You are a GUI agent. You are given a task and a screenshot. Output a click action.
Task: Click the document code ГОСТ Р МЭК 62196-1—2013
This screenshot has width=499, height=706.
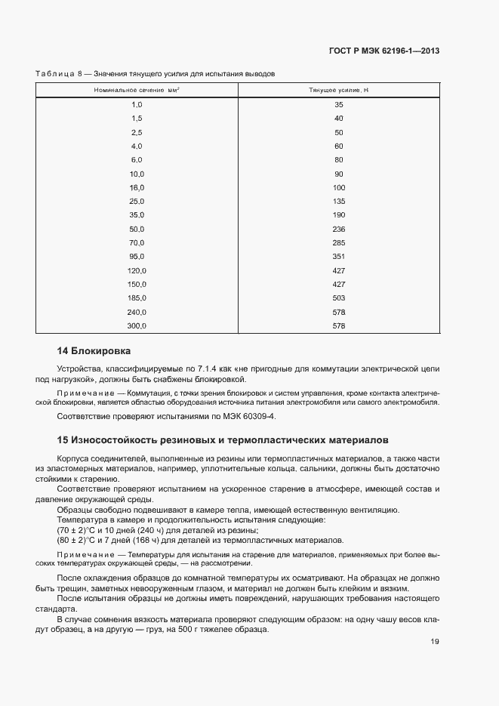pyautogui.click(x=384, y=51)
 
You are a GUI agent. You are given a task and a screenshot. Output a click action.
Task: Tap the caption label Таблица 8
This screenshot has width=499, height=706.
pyautogui.click(x=60, y=74)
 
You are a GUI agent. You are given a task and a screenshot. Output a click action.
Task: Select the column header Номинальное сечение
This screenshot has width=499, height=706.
pyautogui.click(x=137, y=91)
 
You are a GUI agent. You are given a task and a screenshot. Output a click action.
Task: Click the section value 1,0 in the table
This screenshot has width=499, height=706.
pyautogui.click(x=137, y=105)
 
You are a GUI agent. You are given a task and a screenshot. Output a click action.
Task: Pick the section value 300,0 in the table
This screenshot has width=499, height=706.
pyautogui.click(x=137, y=326)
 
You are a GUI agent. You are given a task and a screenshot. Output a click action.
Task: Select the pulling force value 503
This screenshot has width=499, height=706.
pyautogui.click(x=338, y=298)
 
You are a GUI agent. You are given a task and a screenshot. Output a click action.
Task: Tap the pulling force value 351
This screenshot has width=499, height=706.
pyautogui.click(x=338, y=257)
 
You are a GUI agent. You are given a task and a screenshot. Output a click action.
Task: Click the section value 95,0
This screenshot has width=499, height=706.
pyautogui.click(x=137, y=257)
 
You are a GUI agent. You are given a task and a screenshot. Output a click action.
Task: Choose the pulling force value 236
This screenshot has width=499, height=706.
pyautogui.click(x=338, y=229)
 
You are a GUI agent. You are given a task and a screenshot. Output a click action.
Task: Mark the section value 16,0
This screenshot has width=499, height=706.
pyautogui.click(x=137, y=187)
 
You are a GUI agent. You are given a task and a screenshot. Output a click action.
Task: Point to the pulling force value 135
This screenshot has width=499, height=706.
pyautogui.click(x=338, y=202)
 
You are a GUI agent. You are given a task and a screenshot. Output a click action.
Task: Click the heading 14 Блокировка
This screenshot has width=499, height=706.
pyautogui.click(x=94, y=351)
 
